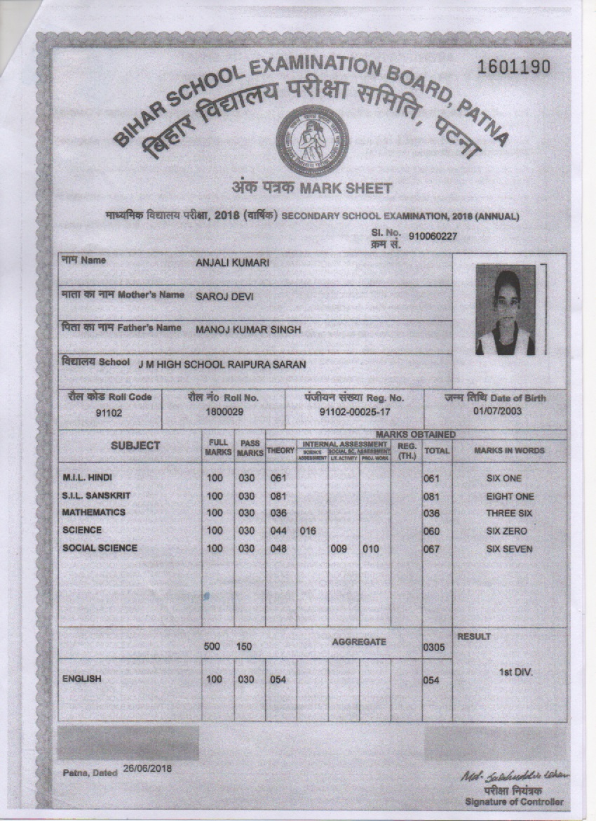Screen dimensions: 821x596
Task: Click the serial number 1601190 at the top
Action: (x=513, y=67)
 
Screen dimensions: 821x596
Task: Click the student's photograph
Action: (x=505, y=309)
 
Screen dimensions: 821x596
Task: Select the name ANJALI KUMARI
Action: (x=232, y=263)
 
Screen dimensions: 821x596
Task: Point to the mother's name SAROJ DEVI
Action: (x=224, y=297)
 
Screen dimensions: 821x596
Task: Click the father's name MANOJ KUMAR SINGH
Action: (x=248, y=330)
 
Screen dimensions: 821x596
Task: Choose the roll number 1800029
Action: (x=224, y=412)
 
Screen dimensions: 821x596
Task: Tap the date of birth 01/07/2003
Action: (x=497, y=411)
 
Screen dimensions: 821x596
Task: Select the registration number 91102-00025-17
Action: (x=354, y=413)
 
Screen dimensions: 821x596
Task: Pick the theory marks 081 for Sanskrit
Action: (x=278, y=496)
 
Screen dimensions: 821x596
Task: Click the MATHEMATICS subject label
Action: (x=93, y=513)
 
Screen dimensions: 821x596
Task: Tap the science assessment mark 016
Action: (x=308, y=531)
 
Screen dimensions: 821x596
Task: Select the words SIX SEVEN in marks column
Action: (x=509, y=549)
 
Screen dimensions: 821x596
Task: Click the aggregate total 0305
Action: (x=434, y=648)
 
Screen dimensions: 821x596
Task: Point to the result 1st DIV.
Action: (x=515, y=672)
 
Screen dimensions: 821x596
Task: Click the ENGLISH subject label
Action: (x=82, y=679)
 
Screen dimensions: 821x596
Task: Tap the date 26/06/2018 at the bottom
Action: (x=147, y=768)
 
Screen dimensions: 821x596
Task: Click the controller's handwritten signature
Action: (x=515, y=775)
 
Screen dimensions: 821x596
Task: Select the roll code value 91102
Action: (x=109, y=413)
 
